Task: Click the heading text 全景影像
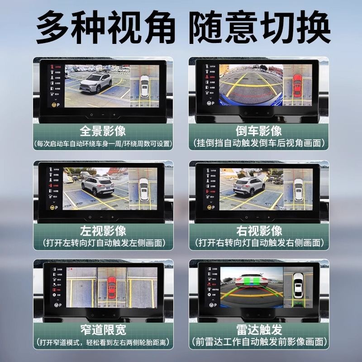(103, 131)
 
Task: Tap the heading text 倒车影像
(259, 131)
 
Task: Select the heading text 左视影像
(103, 230)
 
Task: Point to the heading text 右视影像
(259, 230)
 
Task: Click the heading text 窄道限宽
(103, 329)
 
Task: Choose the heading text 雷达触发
(259, 329)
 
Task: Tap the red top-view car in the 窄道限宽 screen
(112, 286)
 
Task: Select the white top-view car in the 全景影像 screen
(144, 86)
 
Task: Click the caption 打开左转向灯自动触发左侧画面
(103, 243)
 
